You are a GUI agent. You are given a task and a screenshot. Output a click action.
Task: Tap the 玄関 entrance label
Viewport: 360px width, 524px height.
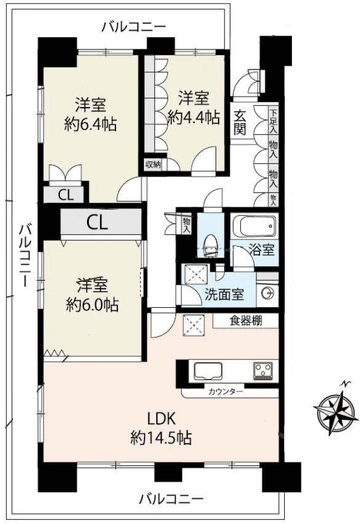coord(239,123)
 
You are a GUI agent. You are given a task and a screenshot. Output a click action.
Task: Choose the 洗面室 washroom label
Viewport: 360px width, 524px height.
coord(224,294)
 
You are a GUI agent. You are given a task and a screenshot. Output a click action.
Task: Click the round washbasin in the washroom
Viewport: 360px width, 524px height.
coord(268,294)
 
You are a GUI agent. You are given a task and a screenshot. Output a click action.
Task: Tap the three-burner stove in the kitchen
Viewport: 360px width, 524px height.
coord(263,371)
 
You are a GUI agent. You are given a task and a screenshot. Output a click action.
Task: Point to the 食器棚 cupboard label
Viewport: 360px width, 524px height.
coord(246,321)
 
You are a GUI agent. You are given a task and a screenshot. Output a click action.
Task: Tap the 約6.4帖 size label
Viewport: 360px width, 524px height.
coord(90,125)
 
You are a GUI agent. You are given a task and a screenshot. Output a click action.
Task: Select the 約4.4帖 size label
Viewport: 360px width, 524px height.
coord(194,118)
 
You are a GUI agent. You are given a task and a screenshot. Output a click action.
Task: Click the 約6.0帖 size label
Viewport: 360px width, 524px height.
coord(92,304)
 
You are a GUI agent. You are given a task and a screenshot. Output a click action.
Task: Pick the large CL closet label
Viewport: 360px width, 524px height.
coord(97,222)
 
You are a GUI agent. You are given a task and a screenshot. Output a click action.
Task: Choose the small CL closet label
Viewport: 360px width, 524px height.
coord(66,195)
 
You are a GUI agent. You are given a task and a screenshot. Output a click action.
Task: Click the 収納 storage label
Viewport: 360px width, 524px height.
coord(153,165)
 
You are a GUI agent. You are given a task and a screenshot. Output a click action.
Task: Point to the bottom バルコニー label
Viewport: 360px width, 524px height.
coord(171,499)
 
